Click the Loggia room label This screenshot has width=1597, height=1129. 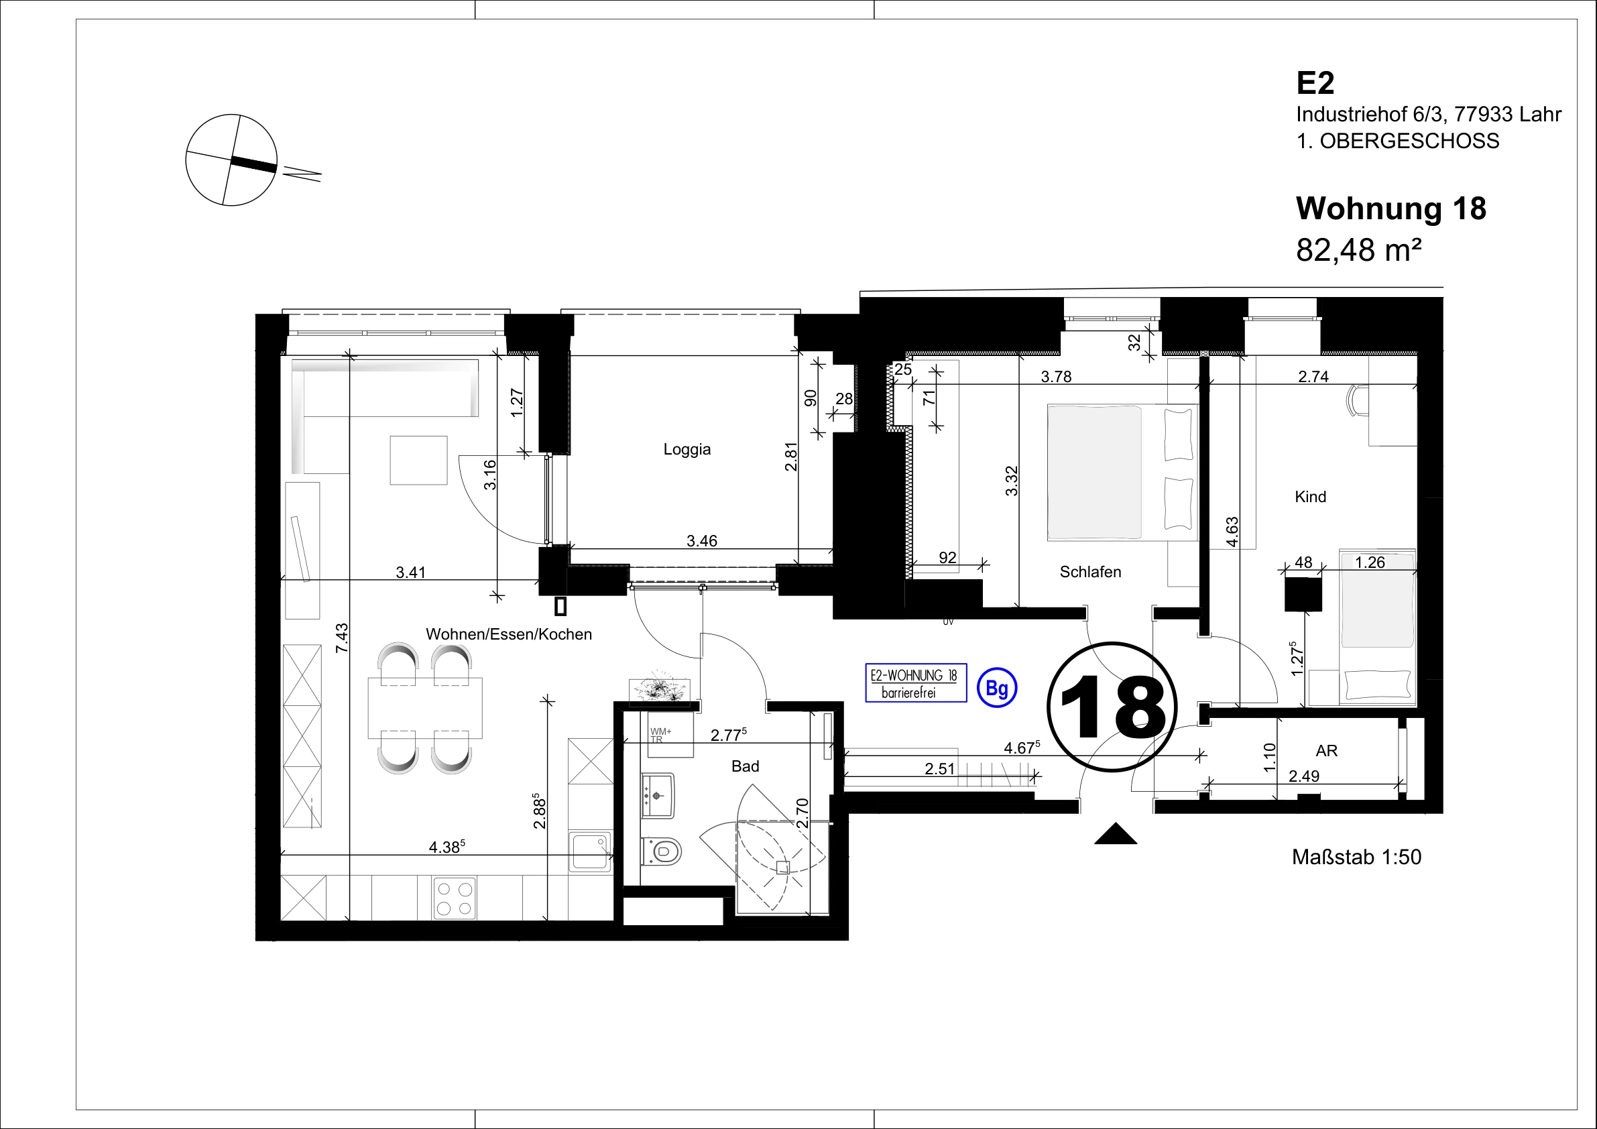[687, 449]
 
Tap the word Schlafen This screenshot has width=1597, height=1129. [1090, 572]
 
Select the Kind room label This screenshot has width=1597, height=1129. [1311, 497]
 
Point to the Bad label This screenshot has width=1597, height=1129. [745, 766]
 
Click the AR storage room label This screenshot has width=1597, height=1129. [1326, 751]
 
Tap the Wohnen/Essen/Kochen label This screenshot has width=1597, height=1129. [508, 634]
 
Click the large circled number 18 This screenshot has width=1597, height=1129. [1112, 707]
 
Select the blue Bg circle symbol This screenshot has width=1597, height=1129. [997, 689]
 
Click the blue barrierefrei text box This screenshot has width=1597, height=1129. [916, 683]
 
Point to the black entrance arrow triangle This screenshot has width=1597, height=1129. [1116, 833]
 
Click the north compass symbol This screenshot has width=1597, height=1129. [231, 160]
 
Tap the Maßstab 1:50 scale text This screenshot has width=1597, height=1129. [1356, 857]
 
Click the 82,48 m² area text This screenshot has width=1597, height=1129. [1358, 249]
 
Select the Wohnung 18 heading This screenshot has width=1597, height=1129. [1391, 209]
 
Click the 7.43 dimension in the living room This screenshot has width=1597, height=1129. [341, 638]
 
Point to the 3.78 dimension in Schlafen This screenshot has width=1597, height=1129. [1056, 377]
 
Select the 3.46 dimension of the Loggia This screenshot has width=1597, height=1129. [702, 540]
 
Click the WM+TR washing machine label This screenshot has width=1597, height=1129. [660, 735]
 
